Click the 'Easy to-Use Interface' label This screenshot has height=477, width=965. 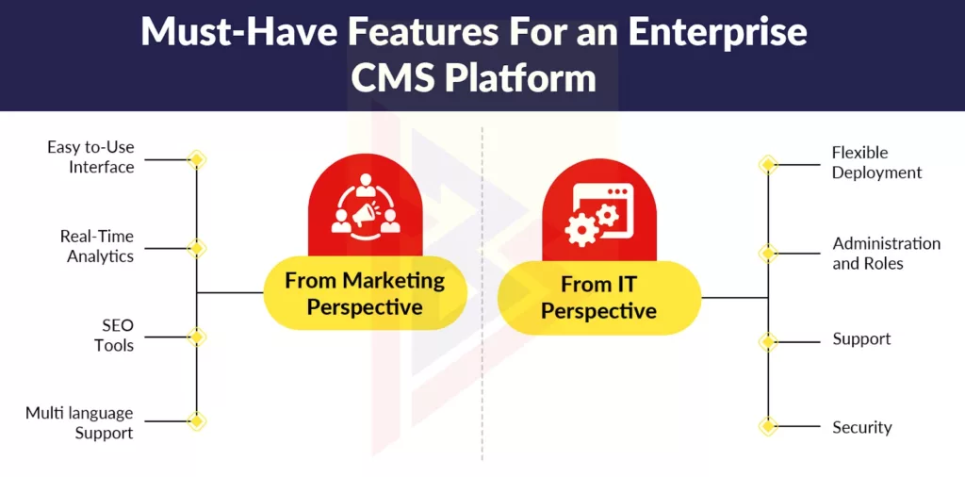point(90,157)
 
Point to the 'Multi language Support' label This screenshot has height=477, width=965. point(79,423)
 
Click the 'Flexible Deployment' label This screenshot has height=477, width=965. point(876,162)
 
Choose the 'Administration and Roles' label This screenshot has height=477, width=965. point(886,254)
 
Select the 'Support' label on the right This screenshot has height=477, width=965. point(861,338)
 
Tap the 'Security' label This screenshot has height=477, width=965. point(861,427)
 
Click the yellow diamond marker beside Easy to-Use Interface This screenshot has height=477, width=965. point(196,159)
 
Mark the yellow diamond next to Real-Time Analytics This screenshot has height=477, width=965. point(196,248)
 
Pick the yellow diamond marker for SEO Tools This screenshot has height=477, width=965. point(196,337)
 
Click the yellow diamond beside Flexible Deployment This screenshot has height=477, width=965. point(768,165)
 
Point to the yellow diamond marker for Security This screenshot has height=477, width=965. point(768,427)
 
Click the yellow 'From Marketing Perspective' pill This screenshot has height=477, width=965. point(364,293)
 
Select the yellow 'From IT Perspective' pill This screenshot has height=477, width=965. point(598,297)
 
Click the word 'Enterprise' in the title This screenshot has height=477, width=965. point(716,33)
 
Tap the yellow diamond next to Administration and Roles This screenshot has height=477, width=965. point(768,254)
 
